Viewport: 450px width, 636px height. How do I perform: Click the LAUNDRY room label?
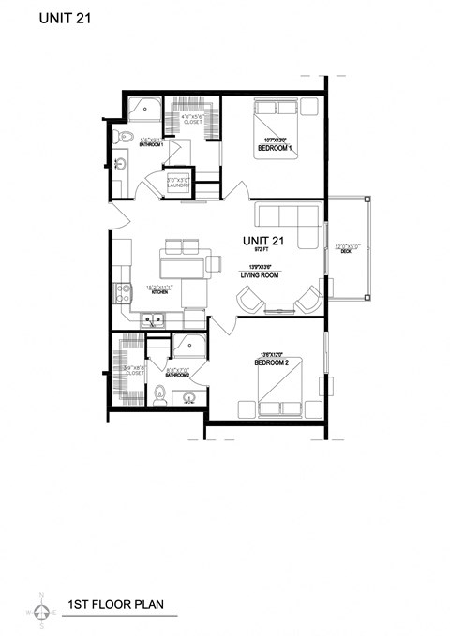tap(178, 185)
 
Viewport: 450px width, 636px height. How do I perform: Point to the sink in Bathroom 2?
tap(190, 397)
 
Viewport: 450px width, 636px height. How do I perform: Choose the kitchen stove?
tap(122, 291)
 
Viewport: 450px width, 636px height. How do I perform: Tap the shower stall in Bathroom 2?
tap(191, 348)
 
